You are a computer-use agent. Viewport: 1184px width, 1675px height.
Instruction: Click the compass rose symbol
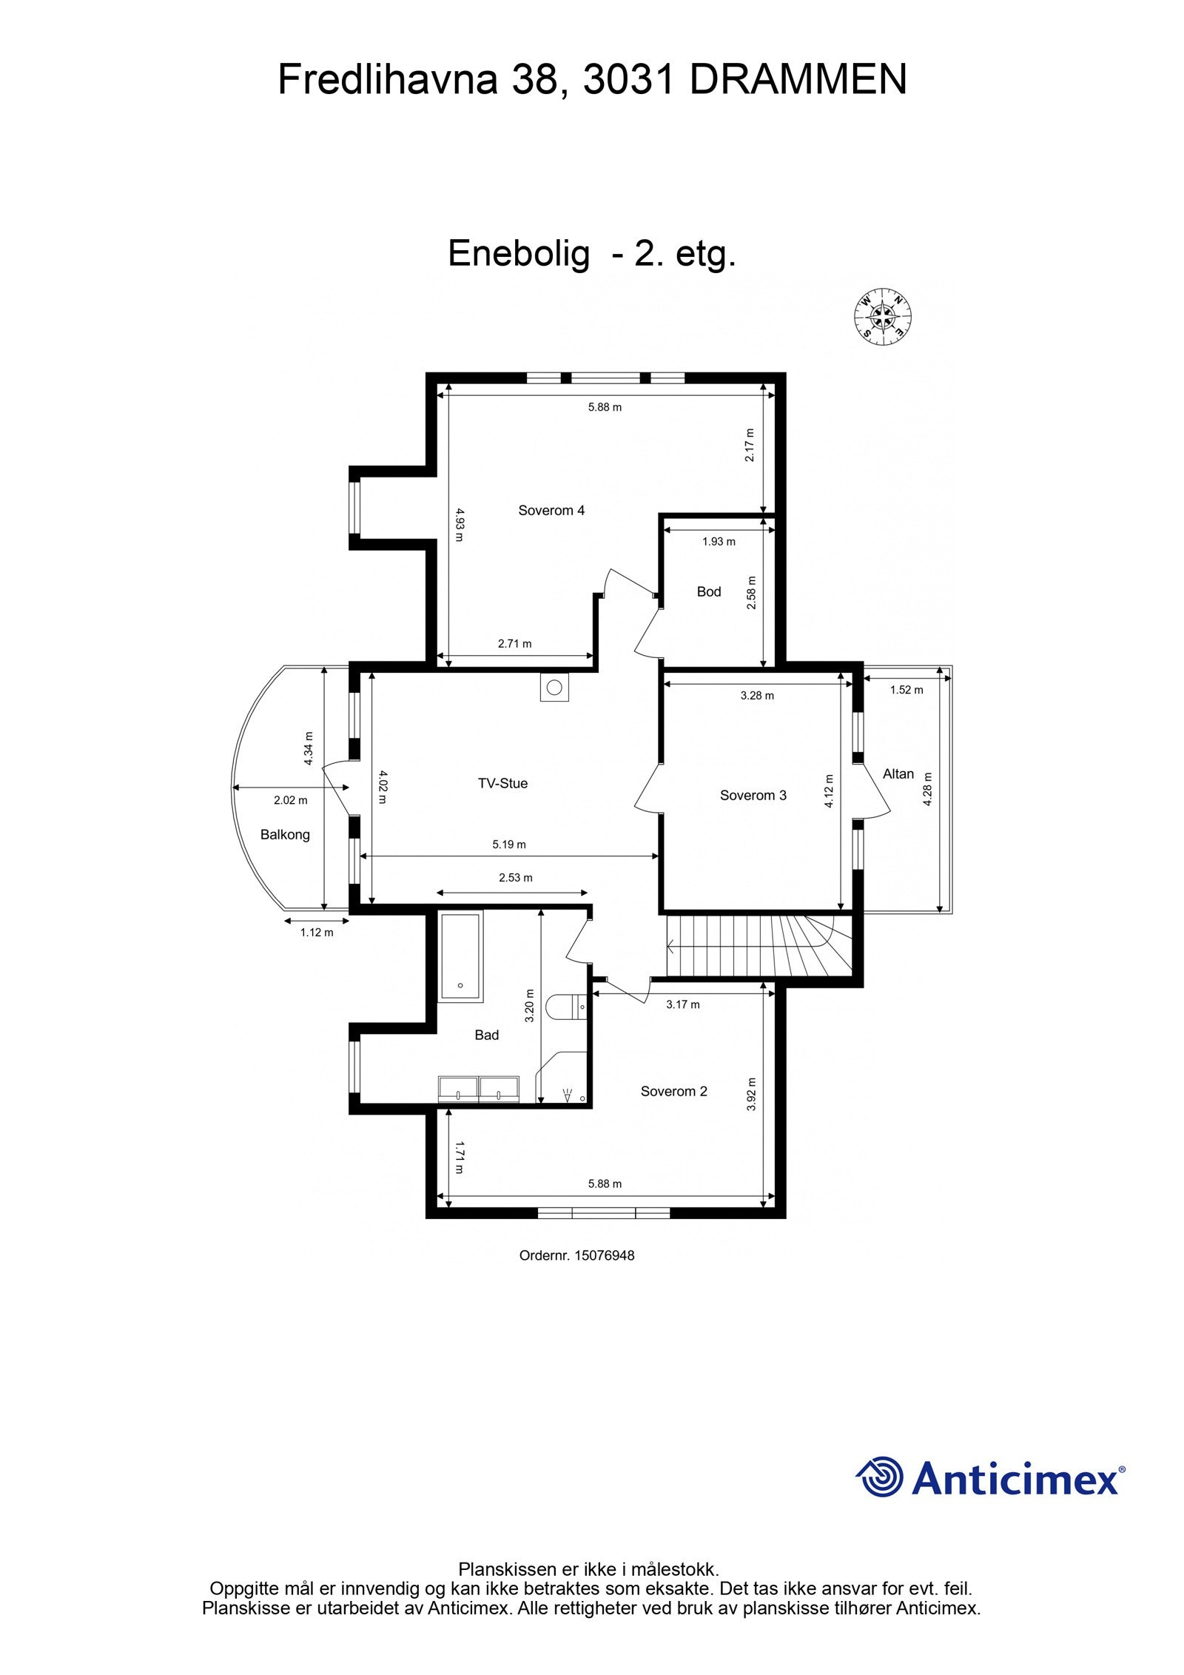[x=882, y=316]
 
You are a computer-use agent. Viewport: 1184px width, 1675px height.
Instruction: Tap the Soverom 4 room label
[x=551, y=510]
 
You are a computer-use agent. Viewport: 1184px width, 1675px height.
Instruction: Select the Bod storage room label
[x=708, y=591]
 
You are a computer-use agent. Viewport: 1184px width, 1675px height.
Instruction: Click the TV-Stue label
[x=502, y=783]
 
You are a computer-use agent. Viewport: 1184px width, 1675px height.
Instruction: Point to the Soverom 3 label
[x=753, y=795]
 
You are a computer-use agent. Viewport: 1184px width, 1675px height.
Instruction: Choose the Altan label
[x=898, y=773]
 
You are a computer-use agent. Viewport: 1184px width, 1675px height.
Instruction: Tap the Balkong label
[x=285, y=834]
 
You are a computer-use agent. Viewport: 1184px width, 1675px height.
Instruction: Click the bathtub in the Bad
[x=460, y=956]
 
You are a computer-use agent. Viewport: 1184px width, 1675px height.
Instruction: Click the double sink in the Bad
[x=479, y=1089]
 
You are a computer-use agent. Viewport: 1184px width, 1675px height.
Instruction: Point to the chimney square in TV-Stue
[x=554, y=687]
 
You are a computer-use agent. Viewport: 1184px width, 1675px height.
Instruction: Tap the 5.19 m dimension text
[x=509, y=844]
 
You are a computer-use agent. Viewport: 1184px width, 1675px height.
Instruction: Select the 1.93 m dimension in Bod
[x=719, y=541]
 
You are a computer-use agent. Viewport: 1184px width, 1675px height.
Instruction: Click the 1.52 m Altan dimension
[x=906, y=690]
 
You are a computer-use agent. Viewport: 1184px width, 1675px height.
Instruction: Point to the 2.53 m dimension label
[x=515, y=878]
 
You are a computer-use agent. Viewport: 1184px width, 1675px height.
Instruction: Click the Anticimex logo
[x=990, y=1477]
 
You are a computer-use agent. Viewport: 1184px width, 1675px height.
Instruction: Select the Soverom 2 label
[x=673, y=1091]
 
